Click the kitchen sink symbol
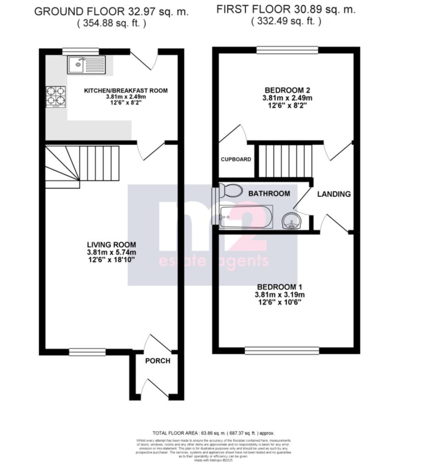[x=86, y=65]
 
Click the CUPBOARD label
[x=236, y=160]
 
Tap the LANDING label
[x=334, y=194]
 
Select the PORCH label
[x=158, y=361]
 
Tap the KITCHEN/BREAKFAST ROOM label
[x=125, y=90]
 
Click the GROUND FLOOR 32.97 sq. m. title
[x=111, y=12]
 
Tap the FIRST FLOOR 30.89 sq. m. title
[x=286, y=9]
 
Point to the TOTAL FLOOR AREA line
[x=213, y=433]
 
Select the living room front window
[x=88, y=352]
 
